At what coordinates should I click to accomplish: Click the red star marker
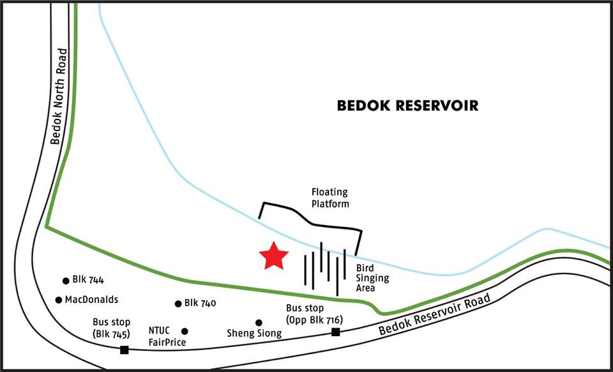[273, 256]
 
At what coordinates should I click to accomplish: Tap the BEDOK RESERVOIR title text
[407, 105]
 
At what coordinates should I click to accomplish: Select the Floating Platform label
[330, 198]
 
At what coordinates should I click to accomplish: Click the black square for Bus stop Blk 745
[125, 349]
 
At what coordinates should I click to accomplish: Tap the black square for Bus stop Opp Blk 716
[335, 331]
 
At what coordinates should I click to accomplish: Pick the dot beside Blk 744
[66, 281]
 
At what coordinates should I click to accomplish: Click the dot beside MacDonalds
[59, 300]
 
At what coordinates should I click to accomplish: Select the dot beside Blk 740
[178, 304]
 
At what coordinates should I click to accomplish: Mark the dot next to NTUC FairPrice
[185, 331]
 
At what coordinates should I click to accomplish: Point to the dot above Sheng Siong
[259, 323]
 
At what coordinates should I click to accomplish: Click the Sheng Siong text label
[254, 334]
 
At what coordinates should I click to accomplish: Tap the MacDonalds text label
[92, 299]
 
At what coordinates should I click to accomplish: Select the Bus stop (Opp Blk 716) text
[314, 314]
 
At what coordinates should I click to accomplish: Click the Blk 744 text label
[88, 280]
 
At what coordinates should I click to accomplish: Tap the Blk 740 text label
[200, 303]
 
